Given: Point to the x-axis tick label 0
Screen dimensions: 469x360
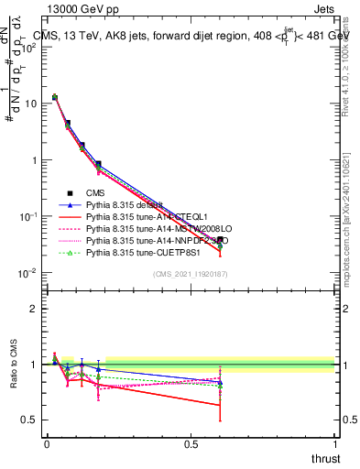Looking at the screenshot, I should pos(47,444).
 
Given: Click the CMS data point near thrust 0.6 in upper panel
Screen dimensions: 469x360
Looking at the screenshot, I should pos(220,240).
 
